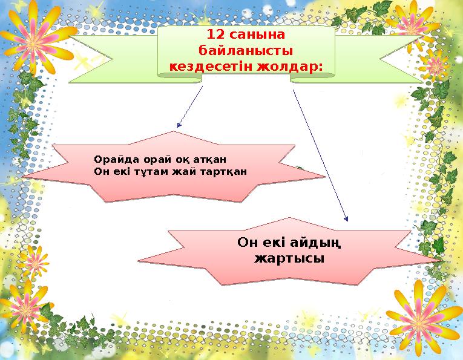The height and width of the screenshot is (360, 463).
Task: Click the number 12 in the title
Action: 215,34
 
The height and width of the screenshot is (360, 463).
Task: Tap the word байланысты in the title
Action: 246,50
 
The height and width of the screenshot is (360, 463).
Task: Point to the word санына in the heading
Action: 258,34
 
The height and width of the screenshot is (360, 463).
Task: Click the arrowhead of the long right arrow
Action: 346,220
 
